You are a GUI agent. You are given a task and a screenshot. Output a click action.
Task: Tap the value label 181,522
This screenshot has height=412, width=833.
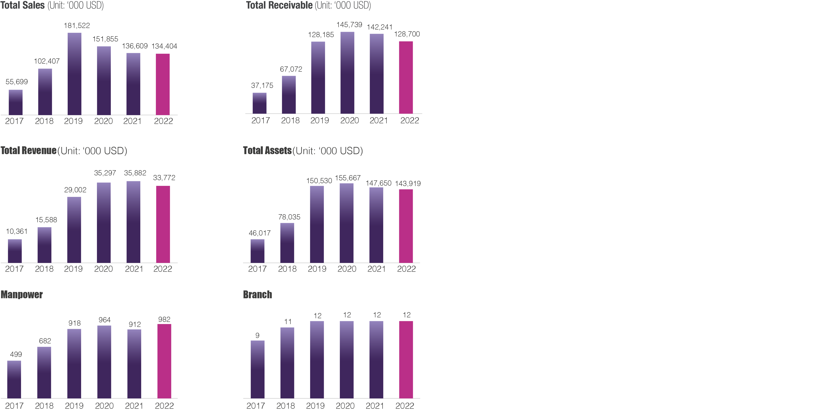pyautogui.click(x=77, y=26)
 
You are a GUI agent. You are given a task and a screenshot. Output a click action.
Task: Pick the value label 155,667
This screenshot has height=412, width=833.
pyautogui.click(x=348, y=178)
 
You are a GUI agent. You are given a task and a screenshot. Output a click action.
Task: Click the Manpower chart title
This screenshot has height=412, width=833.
pyautogui.click(x=22, y=295)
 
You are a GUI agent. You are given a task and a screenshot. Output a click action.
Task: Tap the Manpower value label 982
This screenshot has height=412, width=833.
pyautogui.click(x=164, y=320)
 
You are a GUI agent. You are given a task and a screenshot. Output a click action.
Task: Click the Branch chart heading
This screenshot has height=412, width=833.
pyautogui.click(x=257, y=295)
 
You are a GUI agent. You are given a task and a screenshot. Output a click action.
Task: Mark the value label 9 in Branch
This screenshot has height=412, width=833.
pyautogui.click(x=257, y=335)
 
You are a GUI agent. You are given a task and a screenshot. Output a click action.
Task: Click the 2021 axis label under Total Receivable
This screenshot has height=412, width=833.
pyautogui.click(x=379, y=120)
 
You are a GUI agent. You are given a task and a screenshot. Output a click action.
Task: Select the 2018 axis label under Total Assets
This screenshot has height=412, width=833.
pyautogui.click(x=287, y=269)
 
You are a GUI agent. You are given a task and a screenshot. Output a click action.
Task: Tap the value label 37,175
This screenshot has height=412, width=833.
pyautogui.click(x=262, y=86)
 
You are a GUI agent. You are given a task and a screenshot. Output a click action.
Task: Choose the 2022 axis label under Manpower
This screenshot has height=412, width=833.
pyautogui.click(x=164, y=405)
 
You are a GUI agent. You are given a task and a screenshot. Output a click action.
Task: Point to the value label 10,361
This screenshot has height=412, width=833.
pyautogui.click(x=17, y=231)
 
